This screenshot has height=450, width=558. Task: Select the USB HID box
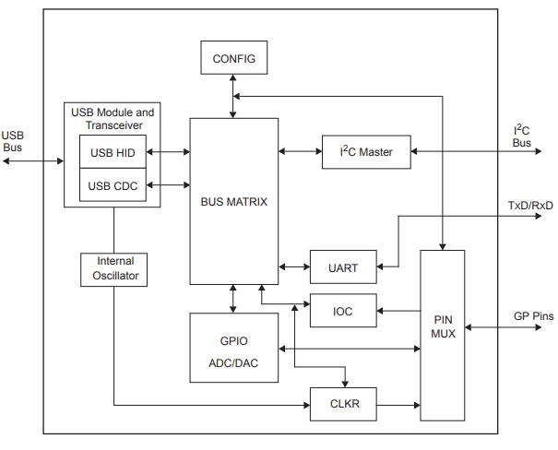pos(112,152)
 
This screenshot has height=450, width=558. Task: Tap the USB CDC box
pos(112,186)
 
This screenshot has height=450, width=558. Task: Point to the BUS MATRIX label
pos(233,201)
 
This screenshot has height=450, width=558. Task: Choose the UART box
pos(343,267)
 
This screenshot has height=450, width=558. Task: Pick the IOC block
pos(343,311)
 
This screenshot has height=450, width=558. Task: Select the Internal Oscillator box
pos(114,268)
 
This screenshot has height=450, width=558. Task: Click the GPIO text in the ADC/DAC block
pos(232,340)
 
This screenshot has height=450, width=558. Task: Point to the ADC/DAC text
pos(232,363)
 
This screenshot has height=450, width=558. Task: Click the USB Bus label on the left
pos(13,141)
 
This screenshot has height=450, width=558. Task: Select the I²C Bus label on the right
pos(522,136)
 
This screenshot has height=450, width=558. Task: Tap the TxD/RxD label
pos(530,205)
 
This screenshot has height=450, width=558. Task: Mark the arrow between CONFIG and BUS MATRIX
pos(233,97)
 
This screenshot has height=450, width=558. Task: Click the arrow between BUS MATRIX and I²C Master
pos(300,152)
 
